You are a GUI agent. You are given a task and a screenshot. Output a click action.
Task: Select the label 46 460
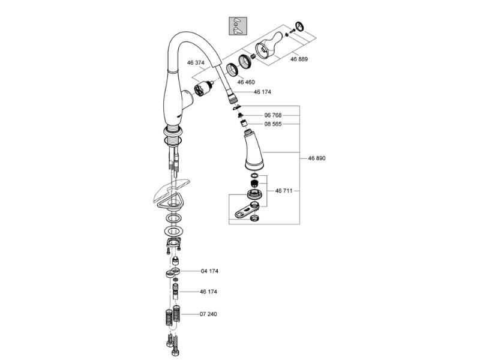click(x=246, y=82)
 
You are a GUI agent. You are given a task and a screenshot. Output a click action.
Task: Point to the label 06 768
click(x=273, y=115)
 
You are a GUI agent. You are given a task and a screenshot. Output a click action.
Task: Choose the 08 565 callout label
click(x=273, y=124)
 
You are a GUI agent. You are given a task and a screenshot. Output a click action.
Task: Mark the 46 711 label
click(x=284, y=191)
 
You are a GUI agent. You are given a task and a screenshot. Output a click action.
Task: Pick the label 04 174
click(x=209, y=271)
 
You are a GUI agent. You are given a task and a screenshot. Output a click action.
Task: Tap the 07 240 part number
click(x=209, y=314)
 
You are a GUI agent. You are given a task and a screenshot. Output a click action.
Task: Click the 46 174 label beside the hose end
click(x=263, y=92)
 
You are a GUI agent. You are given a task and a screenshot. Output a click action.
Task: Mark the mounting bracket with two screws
click(x=174, y=244)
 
